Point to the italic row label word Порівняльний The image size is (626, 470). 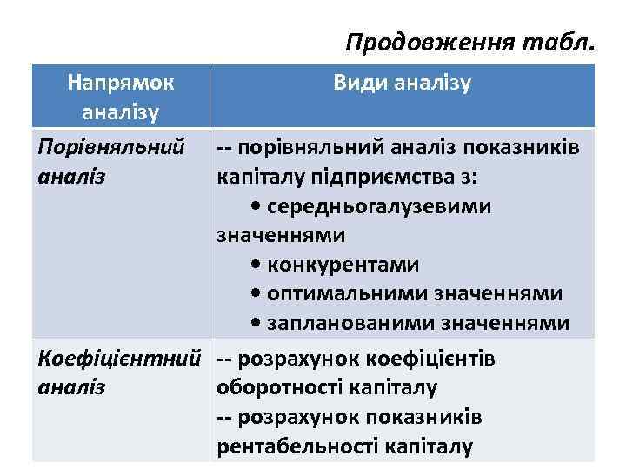111,147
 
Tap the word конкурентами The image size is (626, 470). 344,264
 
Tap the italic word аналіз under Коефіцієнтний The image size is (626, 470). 73,387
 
